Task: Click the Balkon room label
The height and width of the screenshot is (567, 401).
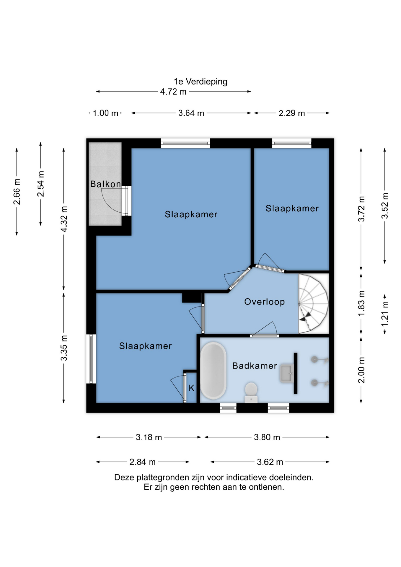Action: click(105, 184)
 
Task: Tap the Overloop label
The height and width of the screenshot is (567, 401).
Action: click(264, 302)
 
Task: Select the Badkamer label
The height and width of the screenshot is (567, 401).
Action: click(255, 366)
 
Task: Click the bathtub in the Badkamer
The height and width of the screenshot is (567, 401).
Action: click(213, 371)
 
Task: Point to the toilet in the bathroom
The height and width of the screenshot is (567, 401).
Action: click(251, 392)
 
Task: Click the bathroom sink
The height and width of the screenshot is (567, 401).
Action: click(286, 374)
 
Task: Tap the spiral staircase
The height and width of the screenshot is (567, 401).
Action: click(313, 304)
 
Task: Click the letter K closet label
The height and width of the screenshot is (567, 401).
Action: click(191, 388)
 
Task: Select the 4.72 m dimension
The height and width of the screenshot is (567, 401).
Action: click(173, 92)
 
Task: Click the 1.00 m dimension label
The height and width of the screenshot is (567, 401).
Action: click(105, 113)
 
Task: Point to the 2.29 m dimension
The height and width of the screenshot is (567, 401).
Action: click(292, 113)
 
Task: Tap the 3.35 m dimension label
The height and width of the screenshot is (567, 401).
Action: click(64, 348)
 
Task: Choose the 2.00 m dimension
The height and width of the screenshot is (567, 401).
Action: click(361, 370)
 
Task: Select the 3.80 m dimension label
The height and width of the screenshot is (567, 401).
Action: click(267, 437)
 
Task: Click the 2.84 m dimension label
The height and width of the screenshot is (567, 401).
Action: click(142, 462)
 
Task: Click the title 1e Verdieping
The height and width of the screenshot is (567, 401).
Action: click(200, 82)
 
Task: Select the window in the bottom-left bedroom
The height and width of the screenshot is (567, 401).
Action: click(91, 359)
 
